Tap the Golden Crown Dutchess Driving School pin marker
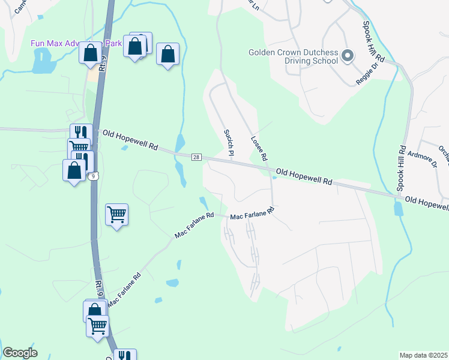point(347,57)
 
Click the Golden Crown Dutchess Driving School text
point(293,57)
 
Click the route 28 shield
point(196,157)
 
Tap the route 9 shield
point(92,176)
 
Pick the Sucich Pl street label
point(229,142)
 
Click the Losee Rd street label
point(259,149)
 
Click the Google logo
point(20,353)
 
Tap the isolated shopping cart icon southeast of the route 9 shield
point(116,214)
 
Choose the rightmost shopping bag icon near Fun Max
point(168,55)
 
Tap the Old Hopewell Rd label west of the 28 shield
point(130,140)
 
